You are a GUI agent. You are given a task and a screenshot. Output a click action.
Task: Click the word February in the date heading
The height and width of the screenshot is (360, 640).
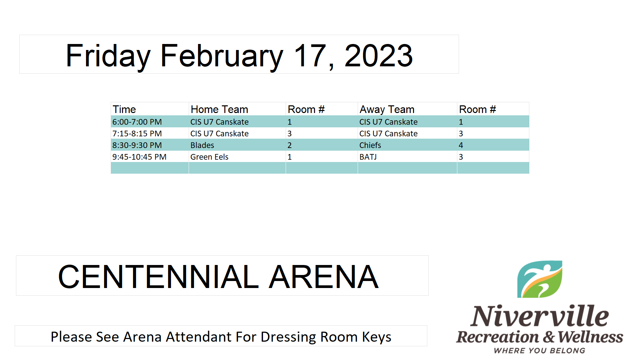[222, 56]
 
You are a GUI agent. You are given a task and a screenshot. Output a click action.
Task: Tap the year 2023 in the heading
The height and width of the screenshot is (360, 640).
[379, 55]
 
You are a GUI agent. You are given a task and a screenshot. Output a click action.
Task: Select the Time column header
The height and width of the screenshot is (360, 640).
[124, 109]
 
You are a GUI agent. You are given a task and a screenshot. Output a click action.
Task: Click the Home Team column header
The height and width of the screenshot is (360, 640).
[219, 109]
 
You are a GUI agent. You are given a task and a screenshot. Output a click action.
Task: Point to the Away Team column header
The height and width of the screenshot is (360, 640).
[387, 109]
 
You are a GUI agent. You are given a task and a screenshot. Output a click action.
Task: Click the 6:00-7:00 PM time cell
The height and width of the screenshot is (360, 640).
[137, 122]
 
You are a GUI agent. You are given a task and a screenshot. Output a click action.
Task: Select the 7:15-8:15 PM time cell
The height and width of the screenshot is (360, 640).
[137, 134]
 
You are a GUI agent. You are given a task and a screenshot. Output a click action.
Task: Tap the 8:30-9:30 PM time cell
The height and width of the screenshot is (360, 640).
[137, 145]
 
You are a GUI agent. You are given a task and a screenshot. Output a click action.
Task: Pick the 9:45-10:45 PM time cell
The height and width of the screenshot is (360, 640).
[139, 157]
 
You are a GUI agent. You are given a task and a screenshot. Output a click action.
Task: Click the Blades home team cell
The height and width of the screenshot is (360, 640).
[202, 145]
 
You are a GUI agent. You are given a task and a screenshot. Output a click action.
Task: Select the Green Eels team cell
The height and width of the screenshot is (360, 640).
[209, 157]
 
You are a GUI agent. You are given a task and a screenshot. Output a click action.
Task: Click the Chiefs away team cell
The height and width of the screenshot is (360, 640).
[370, 145]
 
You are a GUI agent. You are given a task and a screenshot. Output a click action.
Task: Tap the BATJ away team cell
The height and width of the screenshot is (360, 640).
[368, 157]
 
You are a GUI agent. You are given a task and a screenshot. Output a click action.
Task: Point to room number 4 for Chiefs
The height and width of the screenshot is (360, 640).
[461, 145]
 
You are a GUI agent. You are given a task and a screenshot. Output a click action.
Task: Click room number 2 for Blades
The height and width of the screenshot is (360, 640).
[290, 145]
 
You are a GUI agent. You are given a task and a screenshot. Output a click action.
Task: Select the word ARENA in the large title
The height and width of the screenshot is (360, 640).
[324, 277]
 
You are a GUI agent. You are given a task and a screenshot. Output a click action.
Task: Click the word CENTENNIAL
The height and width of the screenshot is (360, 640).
[158, 277]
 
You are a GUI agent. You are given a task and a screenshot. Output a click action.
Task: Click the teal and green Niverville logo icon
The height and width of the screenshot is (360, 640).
[540, 279]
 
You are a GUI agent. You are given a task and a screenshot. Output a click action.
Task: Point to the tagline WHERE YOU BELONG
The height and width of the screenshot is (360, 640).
[540, 351]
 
